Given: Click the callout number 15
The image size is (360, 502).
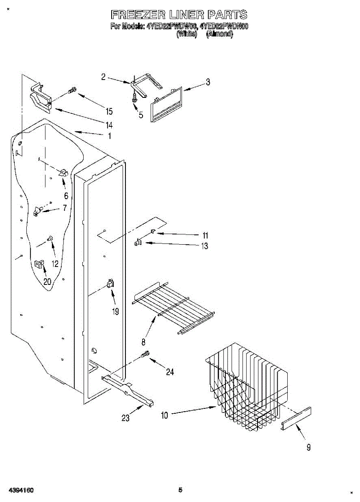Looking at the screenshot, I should click(x=109, y=111).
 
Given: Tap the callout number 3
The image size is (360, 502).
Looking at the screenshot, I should click(x=207, y=82).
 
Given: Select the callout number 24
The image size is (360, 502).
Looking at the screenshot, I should click(x=170, y=372).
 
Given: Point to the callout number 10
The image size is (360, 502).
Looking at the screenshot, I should click(x=164, y=415).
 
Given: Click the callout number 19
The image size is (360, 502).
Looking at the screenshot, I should click(x=115, y=311).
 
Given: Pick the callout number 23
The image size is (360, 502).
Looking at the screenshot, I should click(x=125, y=417).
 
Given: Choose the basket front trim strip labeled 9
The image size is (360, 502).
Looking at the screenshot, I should click(x=296, y=418).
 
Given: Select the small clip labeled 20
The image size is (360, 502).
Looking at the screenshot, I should click(x=39, y=264).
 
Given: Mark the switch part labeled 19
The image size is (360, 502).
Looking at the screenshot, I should click(x=110, y=284).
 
